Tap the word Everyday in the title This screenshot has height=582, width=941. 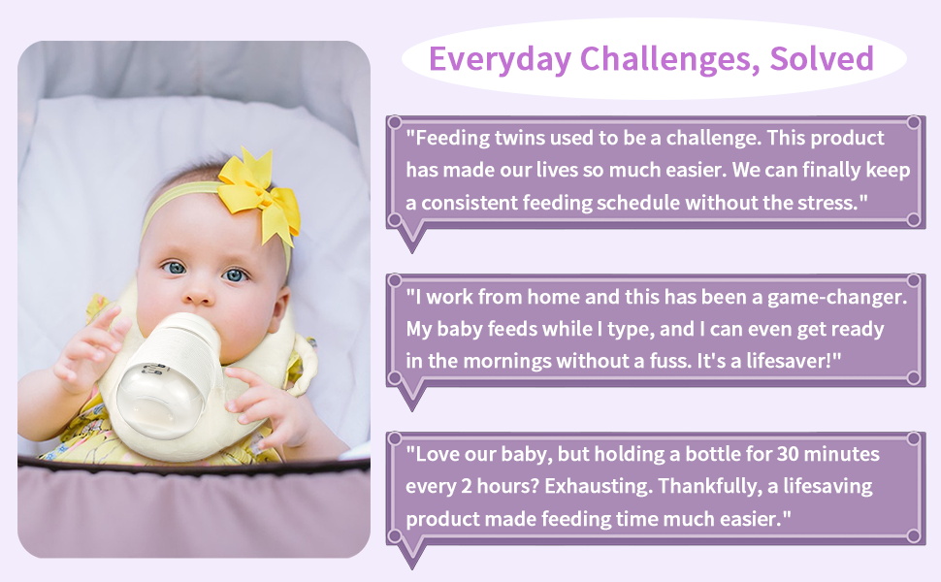click(500, 60)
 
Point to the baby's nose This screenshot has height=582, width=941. click(198, 293)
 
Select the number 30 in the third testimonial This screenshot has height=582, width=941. click(789, 454)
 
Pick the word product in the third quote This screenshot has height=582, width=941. click(442, 519)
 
